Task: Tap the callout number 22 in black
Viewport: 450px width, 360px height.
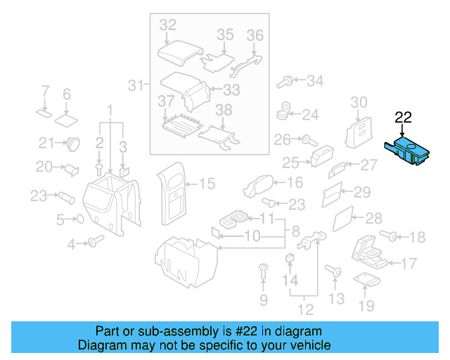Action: [403, 117]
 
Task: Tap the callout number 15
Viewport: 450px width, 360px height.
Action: [207, 184]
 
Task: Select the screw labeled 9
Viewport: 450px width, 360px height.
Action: [263, 270]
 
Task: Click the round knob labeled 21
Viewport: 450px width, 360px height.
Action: [72, 145]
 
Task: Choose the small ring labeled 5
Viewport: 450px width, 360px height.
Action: [79, 219]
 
